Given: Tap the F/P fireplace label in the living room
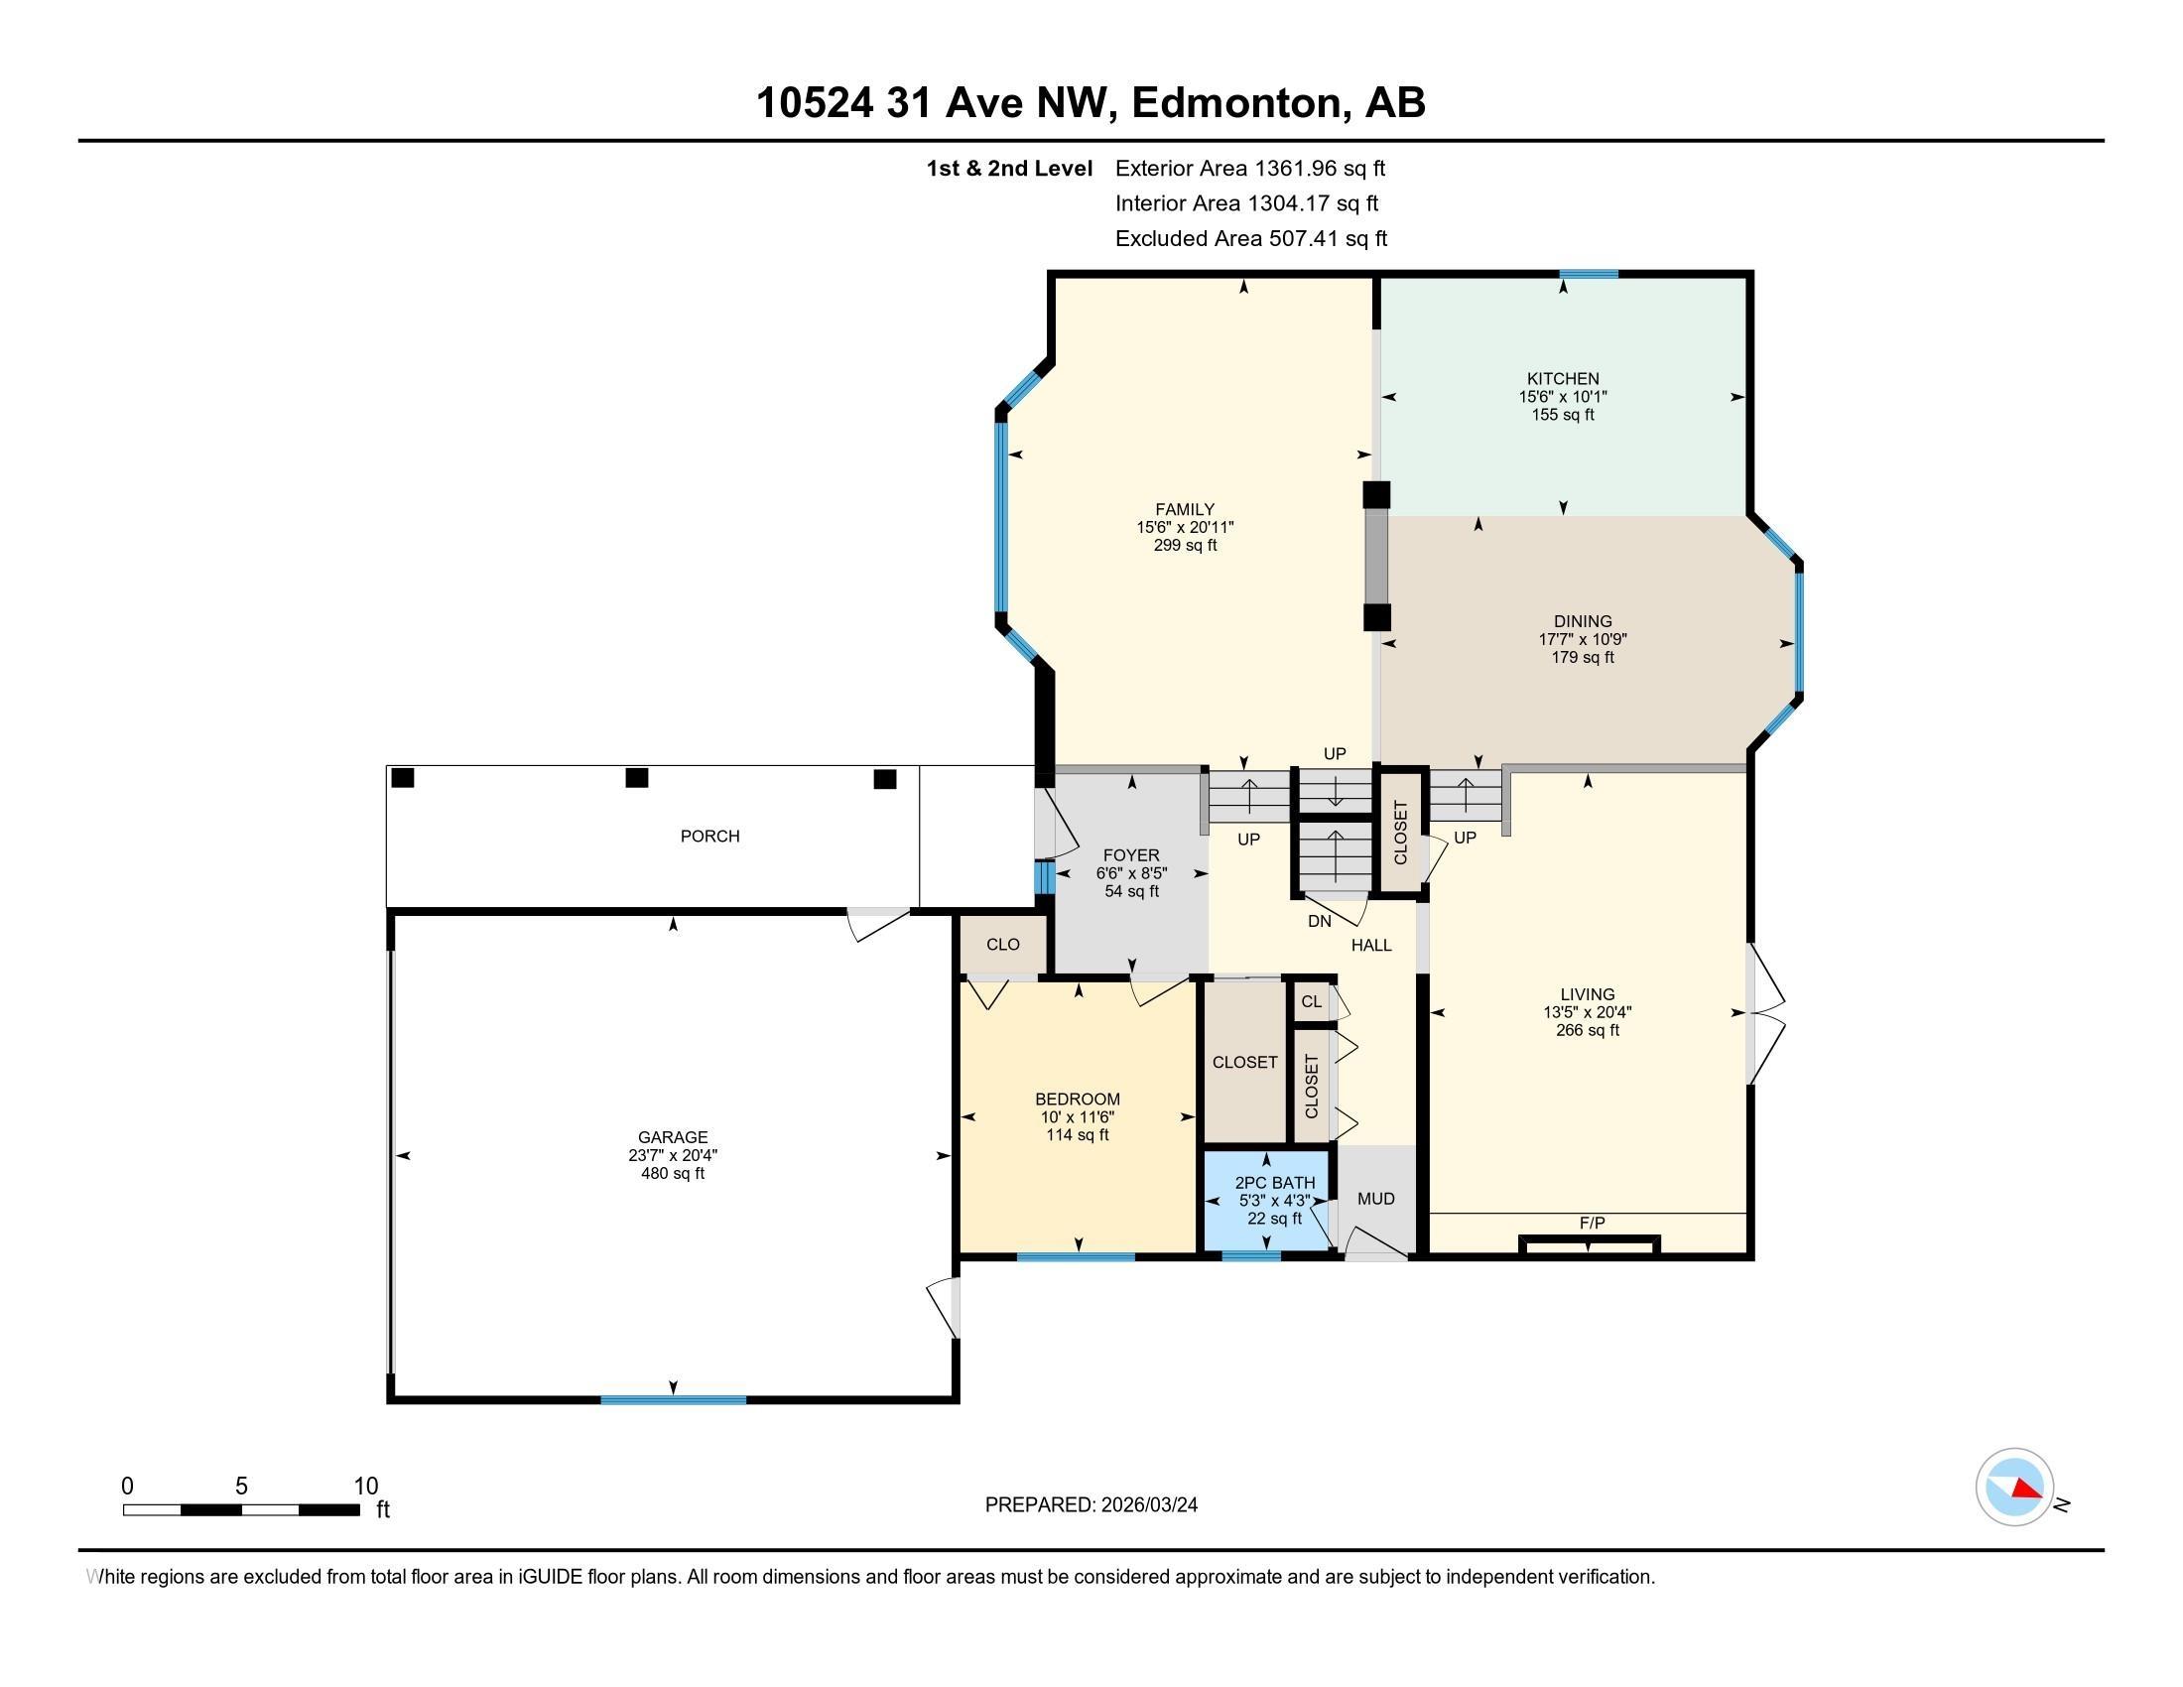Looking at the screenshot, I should click(x=1592, y=1224).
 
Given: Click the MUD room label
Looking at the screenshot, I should click(x=1375, y=1199).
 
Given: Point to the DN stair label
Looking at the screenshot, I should click(x=1320, y=922).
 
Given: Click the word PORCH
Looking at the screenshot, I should click(x=709, y=836).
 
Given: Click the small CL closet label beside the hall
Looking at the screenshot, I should click(x=1312, y=1001).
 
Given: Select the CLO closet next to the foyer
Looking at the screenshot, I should click(x=1002, y=945).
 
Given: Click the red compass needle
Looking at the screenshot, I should click(x=2027, y=1490).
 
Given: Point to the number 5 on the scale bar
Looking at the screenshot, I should click(x=241, y=1487).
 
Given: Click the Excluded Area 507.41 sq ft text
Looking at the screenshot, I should click(x=1250, y=239).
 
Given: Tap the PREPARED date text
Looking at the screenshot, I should click(x=1091, y=1505).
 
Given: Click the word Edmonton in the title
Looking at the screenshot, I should click(x=1235, y=103).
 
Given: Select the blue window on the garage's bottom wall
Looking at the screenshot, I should click(x=673, y=1400).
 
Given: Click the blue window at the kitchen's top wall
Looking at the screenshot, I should click(x=1589, y=274).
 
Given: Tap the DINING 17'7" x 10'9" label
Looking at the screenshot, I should click(x=1583, y=639).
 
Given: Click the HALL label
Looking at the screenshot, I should click(x=1371, y=946).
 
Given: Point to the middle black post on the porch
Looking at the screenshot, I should click(x=637, y=778).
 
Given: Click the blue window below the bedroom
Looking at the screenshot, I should click(x=1076, y=1257).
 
